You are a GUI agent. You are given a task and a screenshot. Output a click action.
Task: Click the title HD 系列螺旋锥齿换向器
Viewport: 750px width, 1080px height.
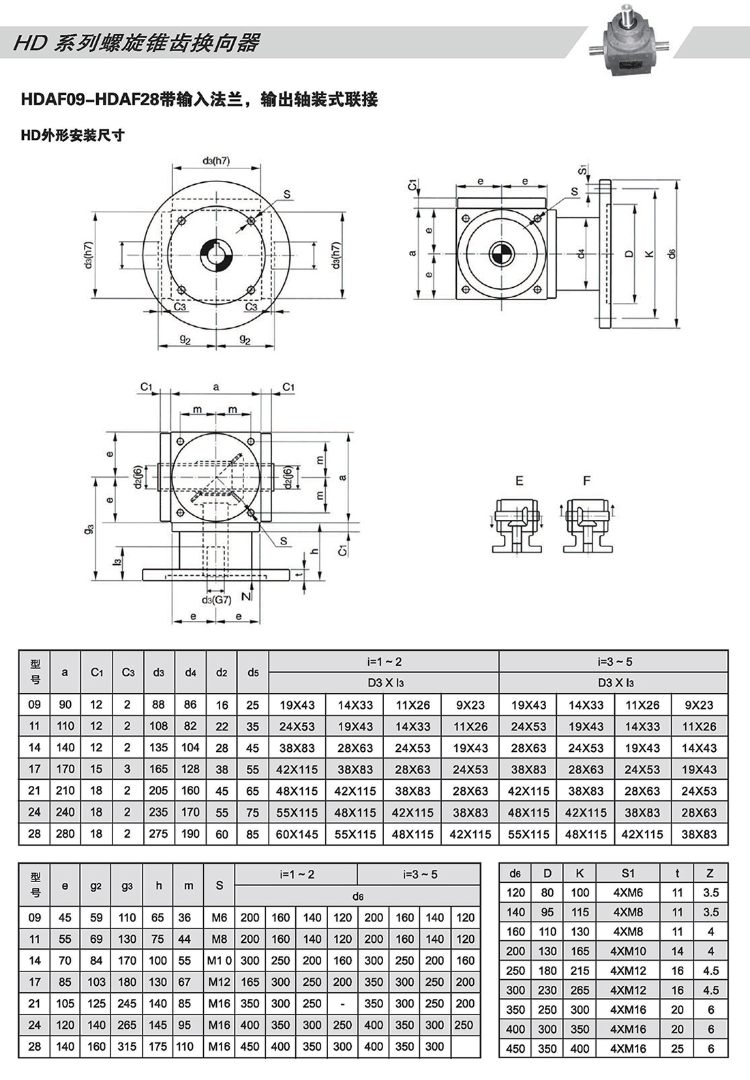[137, 43]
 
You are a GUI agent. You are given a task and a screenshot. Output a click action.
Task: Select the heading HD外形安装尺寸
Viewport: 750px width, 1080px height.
[72, 135]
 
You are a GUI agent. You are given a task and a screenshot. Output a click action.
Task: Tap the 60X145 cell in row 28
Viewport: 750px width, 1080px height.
[297, 834]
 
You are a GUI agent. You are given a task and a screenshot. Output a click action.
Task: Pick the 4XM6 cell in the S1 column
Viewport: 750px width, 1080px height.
[628, 892]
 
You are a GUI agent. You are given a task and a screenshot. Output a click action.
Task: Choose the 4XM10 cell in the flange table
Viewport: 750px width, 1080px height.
[628, 951]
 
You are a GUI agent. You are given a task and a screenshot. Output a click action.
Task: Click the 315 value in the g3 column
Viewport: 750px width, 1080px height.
[127, 1047]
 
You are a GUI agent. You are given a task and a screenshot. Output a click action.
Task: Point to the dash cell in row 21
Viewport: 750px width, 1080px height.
[342, 1004]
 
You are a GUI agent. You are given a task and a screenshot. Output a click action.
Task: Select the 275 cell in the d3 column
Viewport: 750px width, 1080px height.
[158, 834]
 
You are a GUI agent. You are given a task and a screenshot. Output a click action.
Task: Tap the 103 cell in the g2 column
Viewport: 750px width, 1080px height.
[96, 982]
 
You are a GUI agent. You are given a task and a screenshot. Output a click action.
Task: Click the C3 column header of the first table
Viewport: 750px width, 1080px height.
[127, 672]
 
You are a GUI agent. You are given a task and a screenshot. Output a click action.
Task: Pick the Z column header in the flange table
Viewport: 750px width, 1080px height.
[710, 873]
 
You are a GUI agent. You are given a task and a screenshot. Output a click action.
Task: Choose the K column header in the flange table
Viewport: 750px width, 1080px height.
[580, 873]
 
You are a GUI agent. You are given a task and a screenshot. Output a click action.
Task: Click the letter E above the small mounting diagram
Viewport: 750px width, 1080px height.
[519, 481]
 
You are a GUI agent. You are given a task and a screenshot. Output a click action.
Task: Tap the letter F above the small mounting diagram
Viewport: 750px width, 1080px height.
[586, 481]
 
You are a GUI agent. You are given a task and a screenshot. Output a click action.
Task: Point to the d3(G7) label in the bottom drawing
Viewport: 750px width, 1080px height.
[217, 600]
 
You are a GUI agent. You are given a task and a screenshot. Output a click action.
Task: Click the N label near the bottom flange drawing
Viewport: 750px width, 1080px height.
[245, 596]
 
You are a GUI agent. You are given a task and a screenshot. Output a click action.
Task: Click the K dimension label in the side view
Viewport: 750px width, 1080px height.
[650, 254]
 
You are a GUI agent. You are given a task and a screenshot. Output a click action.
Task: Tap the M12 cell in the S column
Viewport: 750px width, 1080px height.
[219, 982]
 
